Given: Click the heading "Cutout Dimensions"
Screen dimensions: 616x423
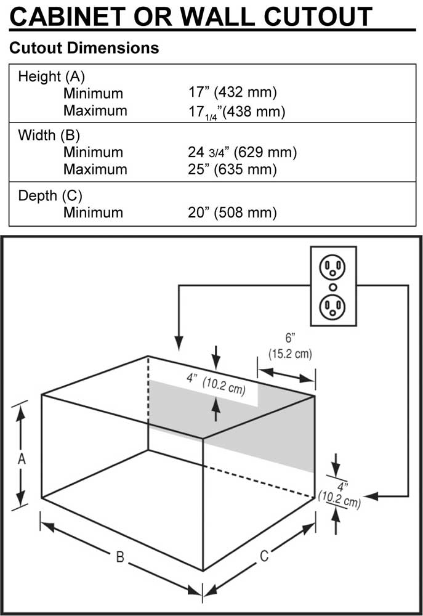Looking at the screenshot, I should (84, 47).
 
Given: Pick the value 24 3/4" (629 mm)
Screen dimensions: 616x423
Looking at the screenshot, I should (243, 152).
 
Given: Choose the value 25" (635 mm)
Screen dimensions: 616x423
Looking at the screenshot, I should (232, 169).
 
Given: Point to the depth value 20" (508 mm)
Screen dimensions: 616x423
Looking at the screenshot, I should (233, 213).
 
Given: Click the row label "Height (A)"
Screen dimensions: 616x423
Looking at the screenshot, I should (52, 77).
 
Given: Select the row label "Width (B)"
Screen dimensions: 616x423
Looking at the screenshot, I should (49, 135).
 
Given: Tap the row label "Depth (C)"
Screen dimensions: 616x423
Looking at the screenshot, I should (50, 196).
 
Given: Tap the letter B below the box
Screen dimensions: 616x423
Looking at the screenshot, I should (120, 557).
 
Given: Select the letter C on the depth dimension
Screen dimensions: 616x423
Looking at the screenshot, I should (264, 556).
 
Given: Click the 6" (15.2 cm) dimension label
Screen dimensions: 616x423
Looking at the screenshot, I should (290, 346).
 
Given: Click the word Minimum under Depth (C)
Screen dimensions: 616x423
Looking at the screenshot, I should (93, 213).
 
